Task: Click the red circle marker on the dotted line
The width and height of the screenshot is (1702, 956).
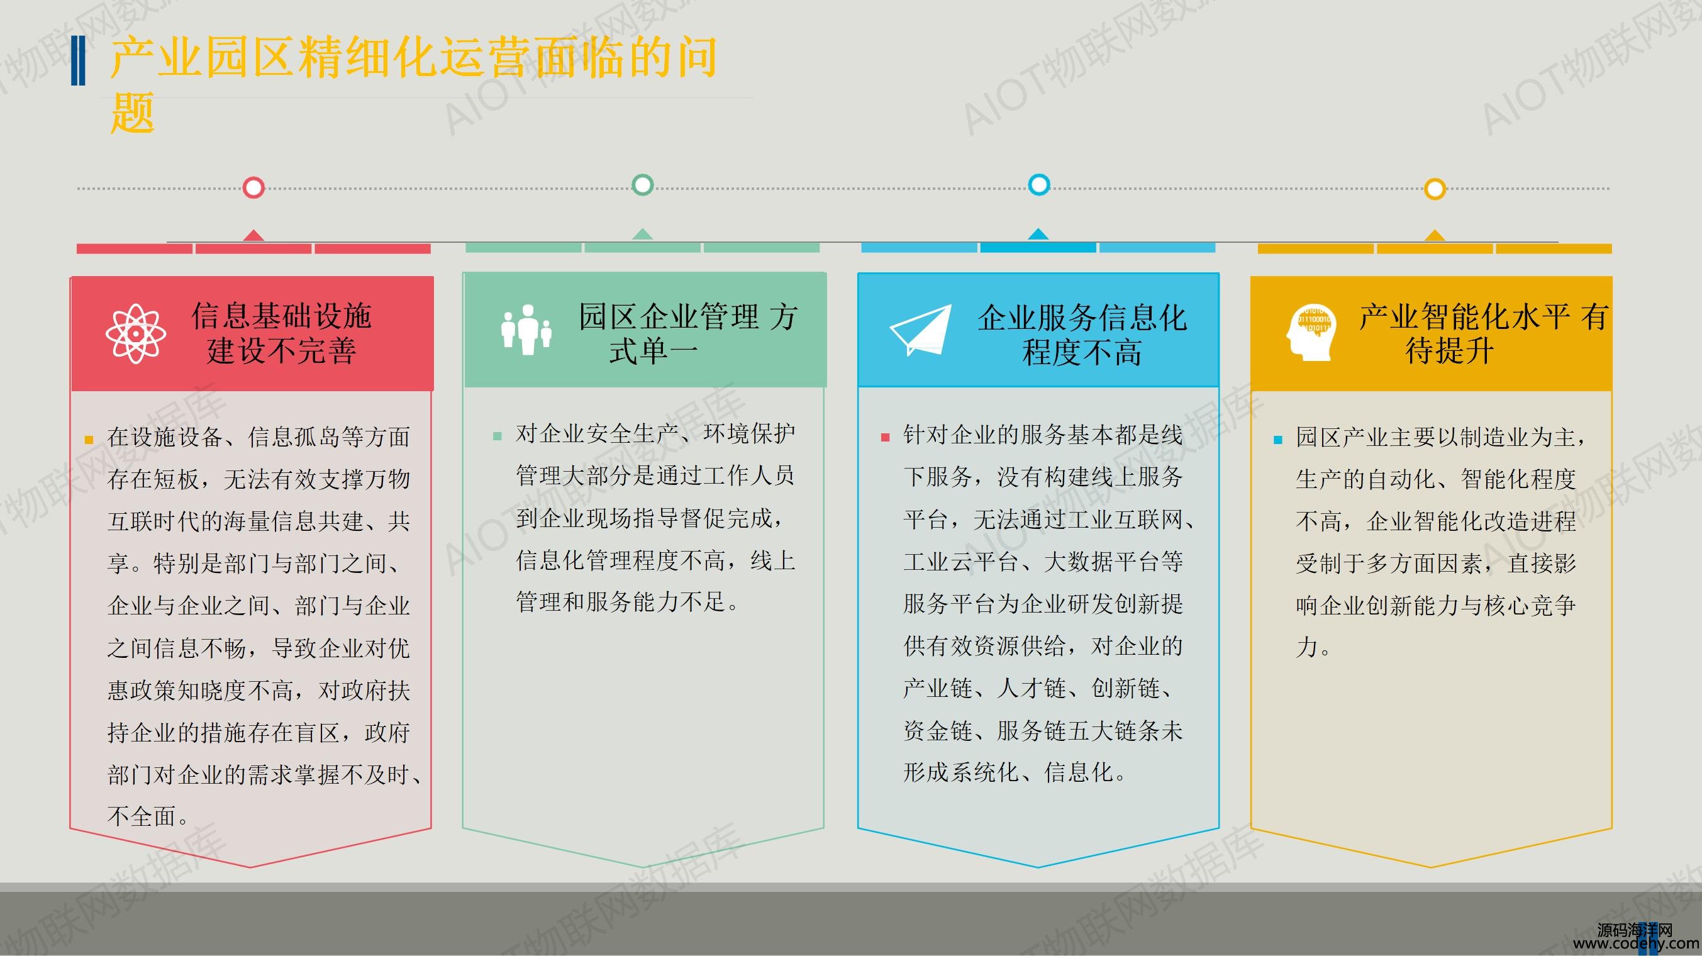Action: (x=253, y=187)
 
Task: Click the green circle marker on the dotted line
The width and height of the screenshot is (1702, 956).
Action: (x=642, y=184)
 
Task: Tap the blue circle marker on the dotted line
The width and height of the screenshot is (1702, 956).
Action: (x=1038, y=184)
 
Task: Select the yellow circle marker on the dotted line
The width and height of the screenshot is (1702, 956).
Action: (x=1435, y=189)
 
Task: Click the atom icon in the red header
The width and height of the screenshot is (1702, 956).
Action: (x=135, y=333)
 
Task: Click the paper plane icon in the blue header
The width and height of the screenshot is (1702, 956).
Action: (x=920, y=330)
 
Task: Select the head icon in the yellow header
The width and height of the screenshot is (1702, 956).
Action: (x=1312, y=332)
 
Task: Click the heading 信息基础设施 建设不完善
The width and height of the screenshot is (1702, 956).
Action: (x=281, y=333)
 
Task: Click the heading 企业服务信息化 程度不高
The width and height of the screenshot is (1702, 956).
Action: (x=1082, y=335)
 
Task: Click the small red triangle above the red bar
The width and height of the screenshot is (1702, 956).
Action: (x=253, y=235)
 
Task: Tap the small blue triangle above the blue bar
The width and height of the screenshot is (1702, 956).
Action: (x=1038, y=234)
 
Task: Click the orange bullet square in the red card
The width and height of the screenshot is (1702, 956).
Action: (x=89, y=440)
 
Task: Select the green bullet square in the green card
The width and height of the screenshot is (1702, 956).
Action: (x=498, y=436)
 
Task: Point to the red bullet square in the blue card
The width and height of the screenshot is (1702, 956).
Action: (x=886, y=437)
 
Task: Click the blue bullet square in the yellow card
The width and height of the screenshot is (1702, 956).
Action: (x=1278, y=440)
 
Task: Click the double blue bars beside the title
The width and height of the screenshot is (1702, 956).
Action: (x=78, y=61)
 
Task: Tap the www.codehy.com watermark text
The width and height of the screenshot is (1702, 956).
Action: (x=1636, y=945)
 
